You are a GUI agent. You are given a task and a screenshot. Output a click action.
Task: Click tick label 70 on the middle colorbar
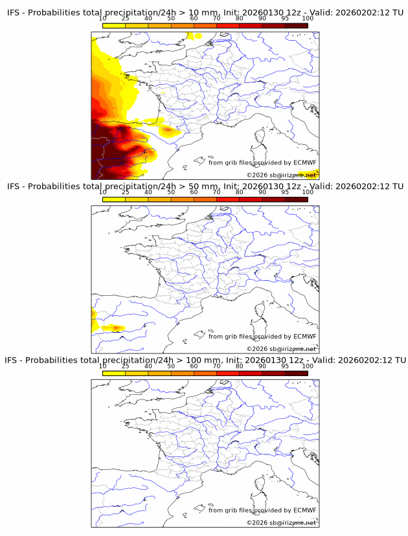[x=216, y=192]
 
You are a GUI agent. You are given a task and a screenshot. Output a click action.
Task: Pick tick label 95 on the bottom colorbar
[x=285, y=366]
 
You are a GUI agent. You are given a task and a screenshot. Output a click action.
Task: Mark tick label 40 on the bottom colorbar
[x=148, y=366]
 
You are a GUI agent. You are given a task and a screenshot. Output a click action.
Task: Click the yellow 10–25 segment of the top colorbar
[x=114, y=26]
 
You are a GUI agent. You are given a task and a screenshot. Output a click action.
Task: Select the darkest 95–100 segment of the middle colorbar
[x=296, y=199]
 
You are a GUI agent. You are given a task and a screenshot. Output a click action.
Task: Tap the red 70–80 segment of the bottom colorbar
[x=228, y=373]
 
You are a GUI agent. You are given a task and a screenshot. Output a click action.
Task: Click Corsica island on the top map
[x=260, y=137]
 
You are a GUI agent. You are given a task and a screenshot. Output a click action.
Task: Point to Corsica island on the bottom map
[x=260, y=485]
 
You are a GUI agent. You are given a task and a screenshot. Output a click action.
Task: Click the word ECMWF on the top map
[x=304, y=162]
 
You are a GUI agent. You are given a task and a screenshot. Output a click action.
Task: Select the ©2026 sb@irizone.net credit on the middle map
[x=281, y=349]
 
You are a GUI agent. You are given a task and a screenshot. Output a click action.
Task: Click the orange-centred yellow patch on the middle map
[x=114, y=328]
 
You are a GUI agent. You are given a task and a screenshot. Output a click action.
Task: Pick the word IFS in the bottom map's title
[x=12, y=360]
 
